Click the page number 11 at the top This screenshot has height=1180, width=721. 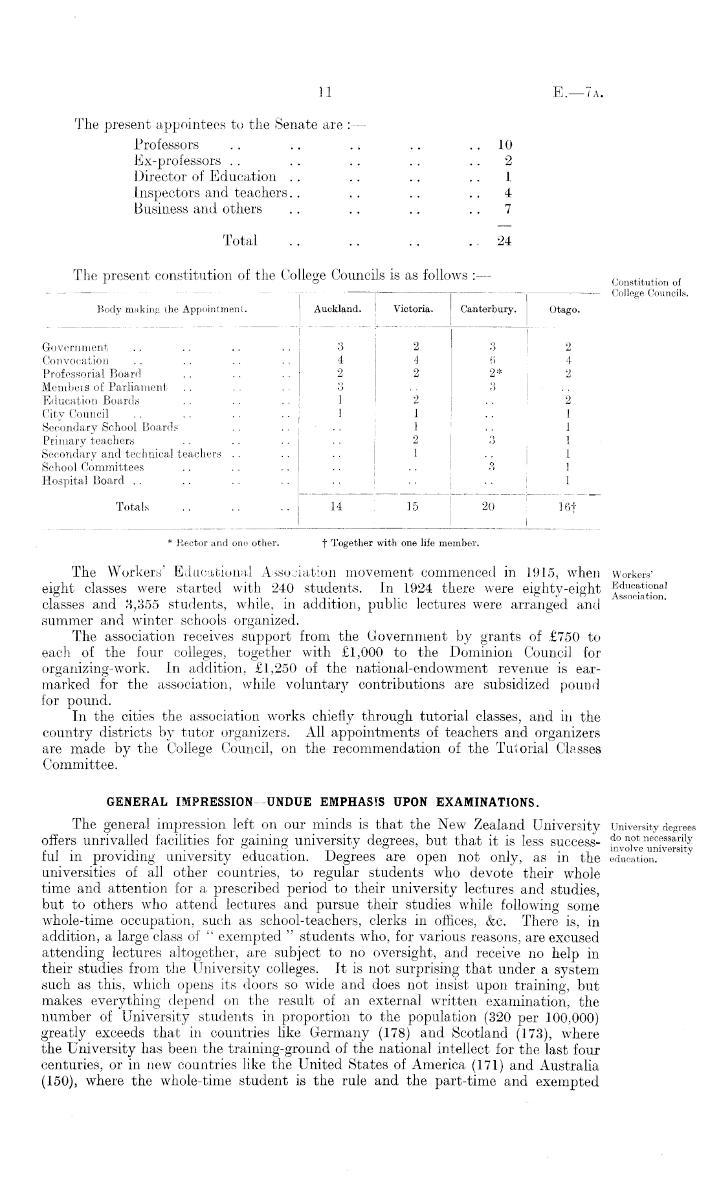click(325, 93)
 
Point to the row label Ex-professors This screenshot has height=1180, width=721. click(178, 161)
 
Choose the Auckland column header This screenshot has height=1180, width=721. click(337, 309)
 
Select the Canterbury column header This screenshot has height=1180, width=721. click(489, 309)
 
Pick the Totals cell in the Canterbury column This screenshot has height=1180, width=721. click(489, 507)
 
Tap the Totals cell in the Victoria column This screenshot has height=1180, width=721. click(412, 507)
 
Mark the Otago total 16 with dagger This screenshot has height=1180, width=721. click(566, 508)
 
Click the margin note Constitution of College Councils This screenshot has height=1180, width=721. click(650, 288)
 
